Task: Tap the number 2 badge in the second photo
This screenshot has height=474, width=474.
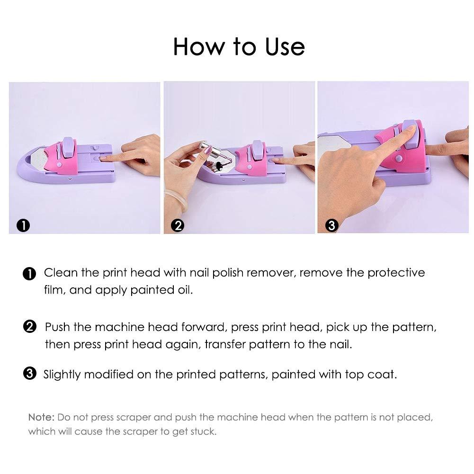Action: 178,225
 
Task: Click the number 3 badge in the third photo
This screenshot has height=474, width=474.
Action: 331,225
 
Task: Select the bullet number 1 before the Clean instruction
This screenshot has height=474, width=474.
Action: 29,274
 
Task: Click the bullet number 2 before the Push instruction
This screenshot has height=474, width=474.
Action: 29,327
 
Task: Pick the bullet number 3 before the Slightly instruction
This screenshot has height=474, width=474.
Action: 29,374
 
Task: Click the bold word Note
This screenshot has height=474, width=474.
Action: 42,418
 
